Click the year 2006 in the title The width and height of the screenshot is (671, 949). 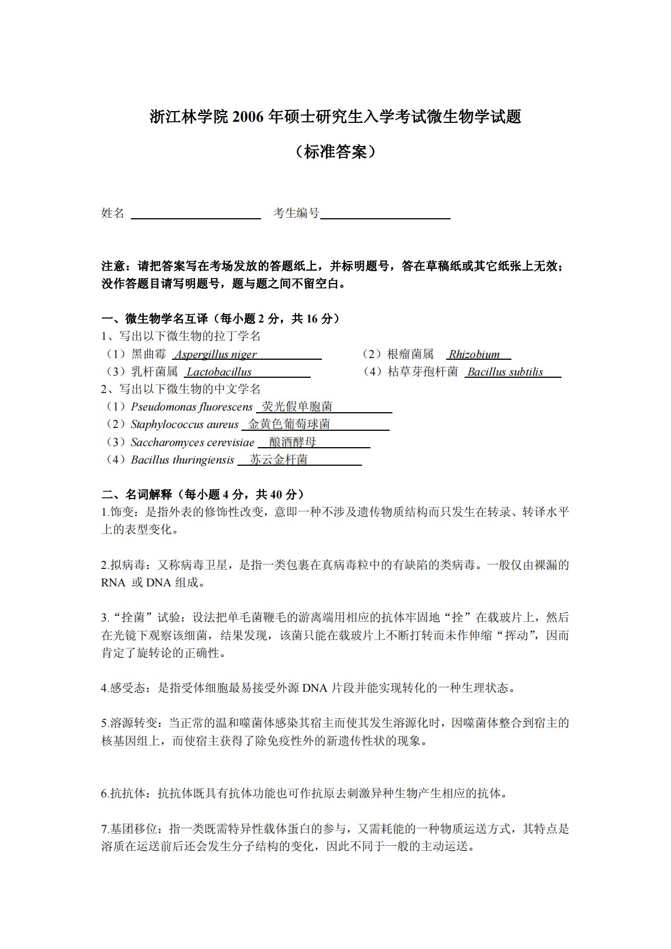[248, 117]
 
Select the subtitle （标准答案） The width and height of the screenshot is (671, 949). [335, 151]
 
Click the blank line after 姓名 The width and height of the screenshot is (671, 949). [196, 215]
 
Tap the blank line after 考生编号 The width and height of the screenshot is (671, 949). [385, 215]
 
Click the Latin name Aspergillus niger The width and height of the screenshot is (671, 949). [215, 355]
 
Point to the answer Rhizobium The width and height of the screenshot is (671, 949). [474, 355]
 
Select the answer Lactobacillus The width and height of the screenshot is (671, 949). [219, 372]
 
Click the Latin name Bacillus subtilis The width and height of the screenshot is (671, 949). [505, 372]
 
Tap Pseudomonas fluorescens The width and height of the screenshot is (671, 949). [192, 407]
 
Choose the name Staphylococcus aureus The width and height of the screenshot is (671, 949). [184, 425]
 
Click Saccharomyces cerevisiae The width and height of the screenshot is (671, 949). [192, 443]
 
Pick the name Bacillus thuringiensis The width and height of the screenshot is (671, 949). [182, 460]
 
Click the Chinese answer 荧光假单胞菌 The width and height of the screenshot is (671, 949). [297, 407]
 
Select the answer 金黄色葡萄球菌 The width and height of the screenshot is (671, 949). [289, 424]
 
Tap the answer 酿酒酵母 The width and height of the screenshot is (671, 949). [293, 442]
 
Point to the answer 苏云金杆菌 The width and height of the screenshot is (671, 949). [279, 460]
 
